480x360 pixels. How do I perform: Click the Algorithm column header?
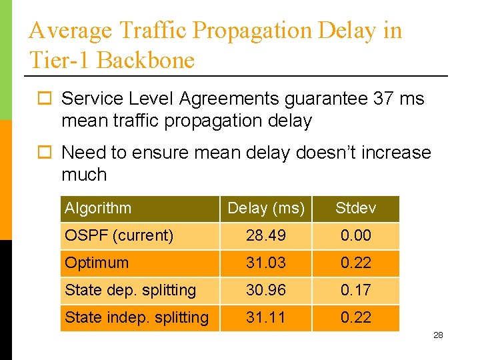click(98, 209)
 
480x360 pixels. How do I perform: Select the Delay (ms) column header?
click(266, 209)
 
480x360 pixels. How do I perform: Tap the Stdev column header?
click(355, 209)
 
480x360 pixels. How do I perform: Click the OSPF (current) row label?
click(119, 236)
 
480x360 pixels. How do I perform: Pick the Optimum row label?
click(97, 263)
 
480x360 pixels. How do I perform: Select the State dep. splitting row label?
click(130, 291)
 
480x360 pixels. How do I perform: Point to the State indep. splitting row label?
click(136, 318)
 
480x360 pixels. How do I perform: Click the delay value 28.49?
click(266, 236)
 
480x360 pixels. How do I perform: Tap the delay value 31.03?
click(266, 263)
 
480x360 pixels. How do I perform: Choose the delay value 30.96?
click(266, 291)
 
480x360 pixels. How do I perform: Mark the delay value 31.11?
click(266, 318)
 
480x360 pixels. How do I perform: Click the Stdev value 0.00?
click(355, 236)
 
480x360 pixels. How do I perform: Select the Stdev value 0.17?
click(355, 291)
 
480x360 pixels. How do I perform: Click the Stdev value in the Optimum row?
click(355, 263)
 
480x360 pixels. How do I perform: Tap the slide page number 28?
click(438, 335)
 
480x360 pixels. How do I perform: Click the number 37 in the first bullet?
click(383, 99)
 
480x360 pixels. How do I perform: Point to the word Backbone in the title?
click(145, 61)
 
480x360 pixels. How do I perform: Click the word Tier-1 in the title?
click(59, 61)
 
